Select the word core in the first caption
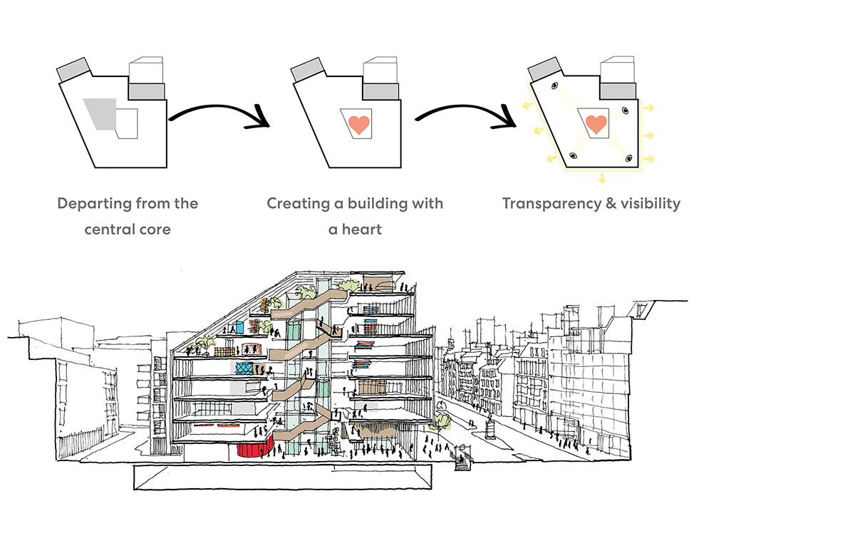(x=154, y=229)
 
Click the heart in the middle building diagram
(x=360, y=124)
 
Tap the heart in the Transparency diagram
(x=595, y=124)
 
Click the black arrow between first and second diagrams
(x=217, y=116)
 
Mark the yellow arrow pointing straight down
(x=603, y=177)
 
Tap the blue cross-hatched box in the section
(x=244, y=368)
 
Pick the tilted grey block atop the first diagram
(x=73, y=70)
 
